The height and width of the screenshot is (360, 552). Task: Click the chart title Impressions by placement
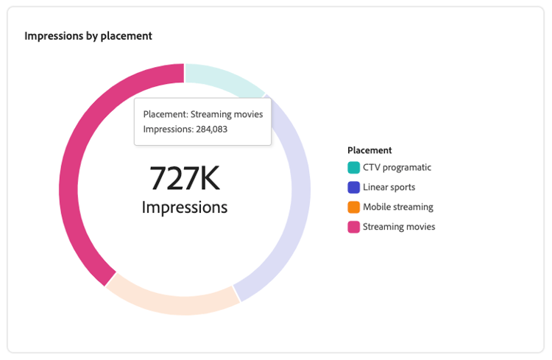[x=88, y=35]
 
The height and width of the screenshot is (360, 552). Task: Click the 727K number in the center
[x=185, y=178]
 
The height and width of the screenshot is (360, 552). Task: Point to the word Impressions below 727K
[x=185, y=207]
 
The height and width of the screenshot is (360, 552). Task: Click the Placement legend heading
[x=369, y=150]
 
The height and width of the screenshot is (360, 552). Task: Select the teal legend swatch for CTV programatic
[x=354, y=168]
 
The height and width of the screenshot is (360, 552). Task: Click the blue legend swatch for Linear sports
[x=354, y=188]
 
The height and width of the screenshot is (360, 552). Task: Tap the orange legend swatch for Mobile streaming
[x=354, y=208]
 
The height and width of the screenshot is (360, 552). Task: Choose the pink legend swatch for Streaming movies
[x=354, y=227]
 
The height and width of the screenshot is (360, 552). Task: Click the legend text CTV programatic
[x=397, y=168]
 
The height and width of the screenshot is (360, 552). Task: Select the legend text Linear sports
[x=389, y=188]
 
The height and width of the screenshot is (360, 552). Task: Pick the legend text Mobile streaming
[x=398, y=208]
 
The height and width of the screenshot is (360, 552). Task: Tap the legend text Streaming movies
[x=399, y=227]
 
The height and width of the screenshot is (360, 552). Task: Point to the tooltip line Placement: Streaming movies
[x=202, y=114]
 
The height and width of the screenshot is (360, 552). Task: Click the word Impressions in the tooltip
[x=167, y=130]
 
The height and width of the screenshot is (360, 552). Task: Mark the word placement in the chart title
[x=130, y=35]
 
